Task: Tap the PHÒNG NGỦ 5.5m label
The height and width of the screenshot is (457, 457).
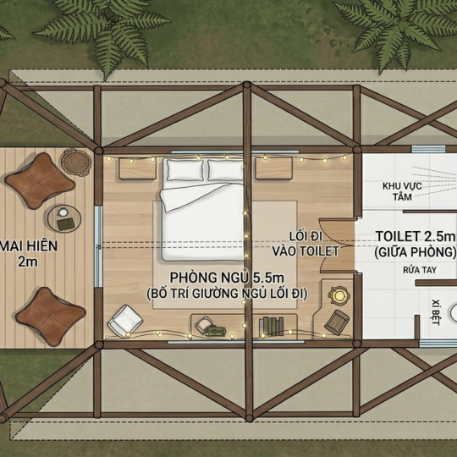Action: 227,278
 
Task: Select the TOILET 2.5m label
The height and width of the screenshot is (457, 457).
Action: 416,237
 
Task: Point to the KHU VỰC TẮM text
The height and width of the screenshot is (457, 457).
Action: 402,191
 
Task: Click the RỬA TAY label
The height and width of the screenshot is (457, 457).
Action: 420,270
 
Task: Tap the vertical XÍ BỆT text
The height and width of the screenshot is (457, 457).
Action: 436,311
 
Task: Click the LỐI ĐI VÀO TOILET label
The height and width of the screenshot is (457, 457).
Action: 306,244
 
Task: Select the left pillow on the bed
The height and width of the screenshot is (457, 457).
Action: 184,169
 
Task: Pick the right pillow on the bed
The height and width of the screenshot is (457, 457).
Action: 225,170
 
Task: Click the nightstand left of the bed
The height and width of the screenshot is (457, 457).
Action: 137,168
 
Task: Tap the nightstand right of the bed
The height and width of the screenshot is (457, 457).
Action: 274,168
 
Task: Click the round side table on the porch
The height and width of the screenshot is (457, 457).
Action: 64,218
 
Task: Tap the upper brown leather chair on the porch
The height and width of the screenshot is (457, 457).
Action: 40,180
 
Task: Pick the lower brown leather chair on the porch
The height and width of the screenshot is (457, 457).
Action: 51,317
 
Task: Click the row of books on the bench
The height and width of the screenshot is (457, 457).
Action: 272,327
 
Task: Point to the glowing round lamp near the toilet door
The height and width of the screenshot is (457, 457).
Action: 339,295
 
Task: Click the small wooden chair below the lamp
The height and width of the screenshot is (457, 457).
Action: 337,322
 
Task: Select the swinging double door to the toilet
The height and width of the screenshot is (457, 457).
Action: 339,245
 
